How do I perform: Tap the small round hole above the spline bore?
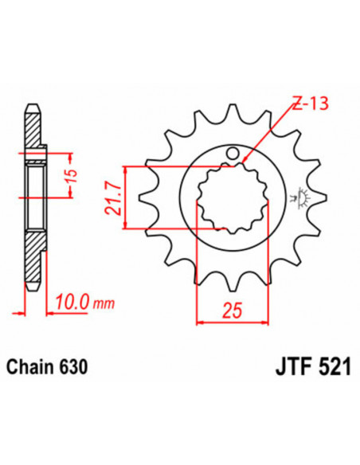(233, 151)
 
